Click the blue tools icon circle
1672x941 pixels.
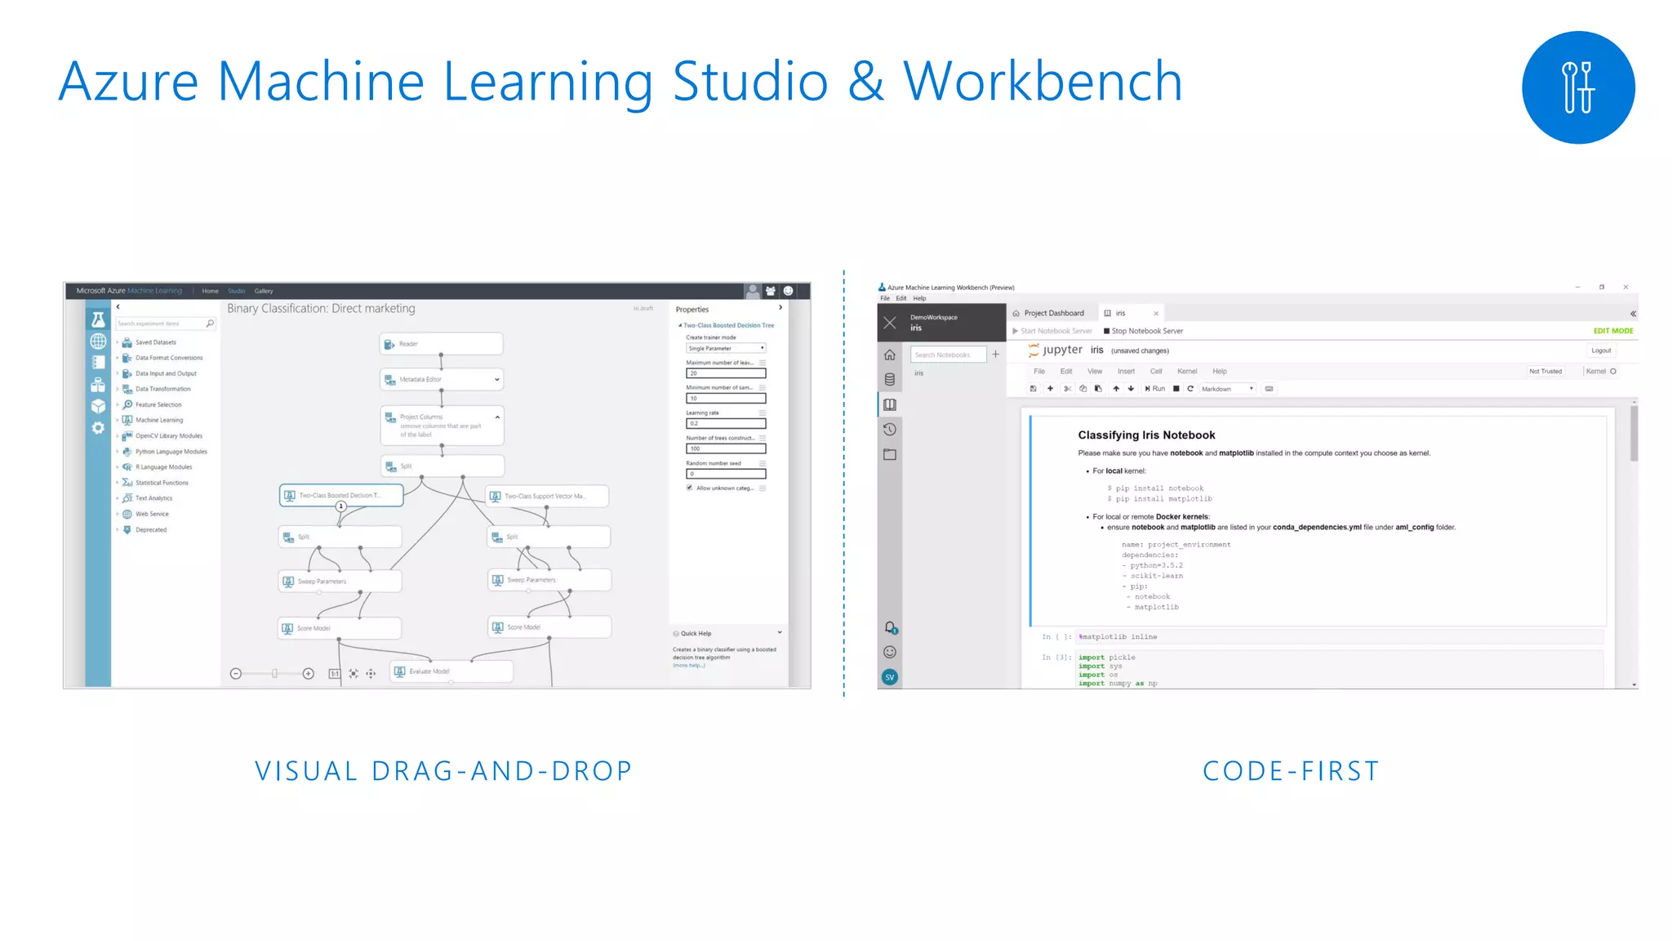click(1577, 87)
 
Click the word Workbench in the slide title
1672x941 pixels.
click(1042, 82)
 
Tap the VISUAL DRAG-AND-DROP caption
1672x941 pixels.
click(443, 771)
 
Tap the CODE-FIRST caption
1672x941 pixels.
click(1291, 771)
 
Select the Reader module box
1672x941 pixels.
click(441, 344)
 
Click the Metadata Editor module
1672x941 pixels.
click(441, 379)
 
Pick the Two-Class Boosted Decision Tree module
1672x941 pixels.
click(341, 495)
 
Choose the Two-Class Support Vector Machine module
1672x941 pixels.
click(547, 496)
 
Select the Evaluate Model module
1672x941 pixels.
click(451, 671)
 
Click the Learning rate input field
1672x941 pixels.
click(725, 423)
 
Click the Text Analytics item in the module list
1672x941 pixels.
click(153, 498)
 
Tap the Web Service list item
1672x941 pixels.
click(152, 514)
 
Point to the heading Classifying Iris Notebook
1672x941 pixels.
click(1146, 435)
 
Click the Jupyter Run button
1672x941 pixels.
click(1154, 389)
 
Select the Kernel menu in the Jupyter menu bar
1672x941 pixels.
click(1187, 372)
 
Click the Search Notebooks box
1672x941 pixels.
click(947, 355)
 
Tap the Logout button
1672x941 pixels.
click(1601, 350)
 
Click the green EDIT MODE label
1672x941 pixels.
click(1612, 331)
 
